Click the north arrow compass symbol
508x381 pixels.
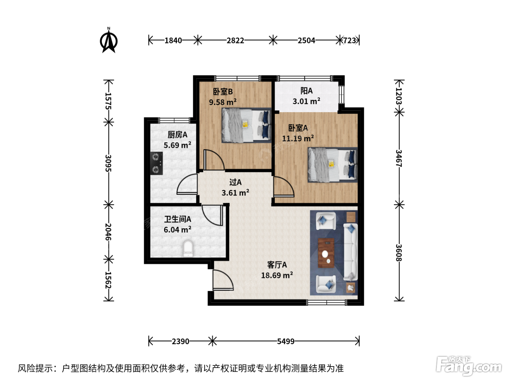coord(108,41)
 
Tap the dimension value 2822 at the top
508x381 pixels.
coord(235,41)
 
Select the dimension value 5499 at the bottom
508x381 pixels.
coord(286,341)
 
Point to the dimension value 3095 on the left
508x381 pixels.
coord(108,163)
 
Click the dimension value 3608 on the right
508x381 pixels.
coord(398,253)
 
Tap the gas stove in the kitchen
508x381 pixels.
coord(156,163)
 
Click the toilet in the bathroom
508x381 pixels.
coord(188,249)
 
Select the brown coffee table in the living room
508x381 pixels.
coord(326,253)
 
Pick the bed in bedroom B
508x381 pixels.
coord(246,125)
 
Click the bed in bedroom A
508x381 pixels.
coord(332,165)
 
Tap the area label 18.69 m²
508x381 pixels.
coord(277,275)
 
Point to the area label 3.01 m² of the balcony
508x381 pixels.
coord(306,101)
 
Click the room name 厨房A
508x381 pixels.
coord(177,134)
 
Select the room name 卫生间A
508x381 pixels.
coord(177,219)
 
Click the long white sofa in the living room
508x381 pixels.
coord(351,252)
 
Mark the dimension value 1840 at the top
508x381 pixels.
coord(173,41)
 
